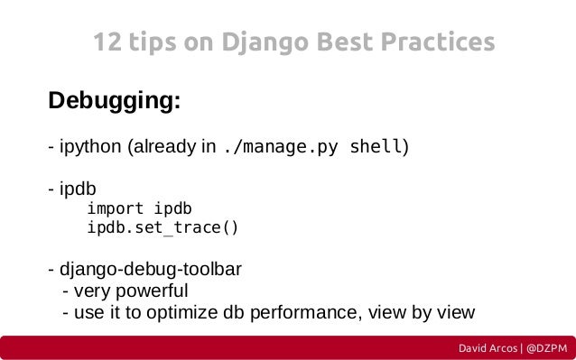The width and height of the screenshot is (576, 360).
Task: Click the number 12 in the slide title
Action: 108,42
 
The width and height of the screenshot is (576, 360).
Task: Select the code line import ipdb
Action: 140,208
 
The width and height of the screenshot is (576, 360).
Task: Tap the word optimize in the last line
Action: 189,313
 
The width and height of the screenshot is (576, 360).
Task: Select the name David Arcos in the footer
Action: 488,348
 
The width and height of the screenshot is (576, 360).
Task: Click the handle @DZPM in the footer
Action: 547,348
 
